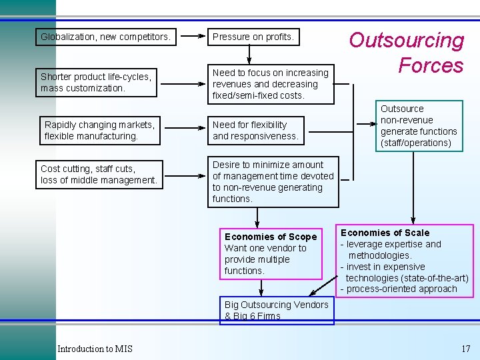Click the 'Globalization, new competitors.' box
(x=106, y=37)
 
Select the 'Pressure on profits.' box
(x=253, y=37)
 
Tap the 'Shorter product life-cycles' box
(x=98, y=82)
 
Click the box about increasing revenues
(x=270, y=84)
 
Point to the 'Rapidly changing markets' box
(x=99, y=130)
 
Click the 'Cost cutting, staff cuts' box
(x=99, y=175)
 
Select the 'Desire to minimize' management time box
(x=273, y=181)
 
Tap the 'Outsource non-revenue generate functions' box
(x=419, y=125)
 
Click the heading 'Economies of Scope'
(x=271, y=237)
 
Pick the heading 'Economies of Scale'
(x=385, y=233)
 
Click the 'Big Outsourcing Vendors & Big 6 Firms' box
(x=277, y=310)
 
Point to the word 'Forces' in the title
(x=431, y=65)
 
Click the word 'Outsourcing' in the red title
(x=407, y=40)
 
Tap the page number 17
(x=465, y=349)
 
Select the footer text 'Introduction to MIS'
(x=95, y=349)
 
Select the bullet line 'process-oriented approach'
(x=399, y=289)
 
